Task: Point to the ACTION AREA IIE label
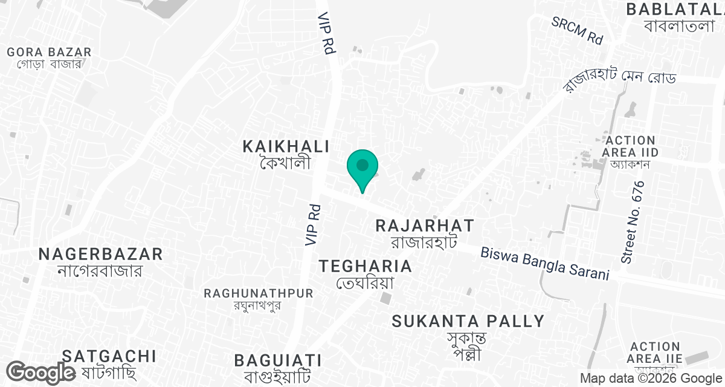(x=654, y=353)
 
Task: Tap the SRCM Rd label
(x=577, y=30)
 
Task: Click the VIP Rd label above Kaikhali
(x=327, y=33)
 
